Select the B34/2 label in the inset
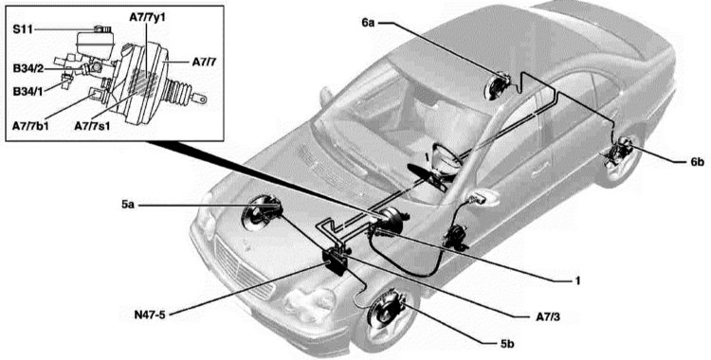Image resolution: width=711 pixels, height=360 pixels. (28, 69)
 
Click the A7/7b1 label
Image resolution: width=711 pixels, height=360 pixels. (30, 126)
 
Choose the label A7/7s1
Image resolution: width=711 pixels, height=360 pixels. (93, 126)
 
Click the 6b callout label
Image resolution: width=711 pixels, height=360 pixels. (698, 163)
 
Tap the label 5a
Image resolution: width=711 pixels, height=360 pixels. (129, 205)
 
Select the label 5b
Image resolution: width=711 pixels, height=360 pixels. (508, 344)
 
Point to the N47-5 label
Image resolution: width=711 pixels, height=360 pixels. (150, 315)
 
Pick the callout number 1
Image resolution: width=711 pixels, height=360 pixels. (577, 281)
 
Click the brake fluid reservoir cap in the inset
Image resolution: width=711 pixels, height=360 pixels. (103, 29)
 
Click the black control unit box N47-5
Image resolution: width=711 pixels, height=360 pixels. (337, 261)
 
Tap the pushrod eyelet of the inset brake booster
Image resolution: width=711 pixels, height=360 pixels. (201, 98)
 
